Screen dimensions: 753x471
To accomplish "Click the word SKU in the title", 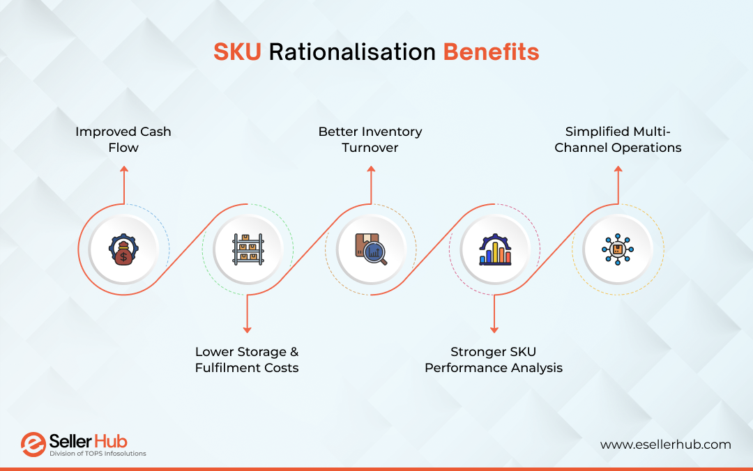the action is pos(237,53).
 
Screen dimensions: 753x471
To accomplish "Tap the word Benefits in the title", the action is pos(491,53).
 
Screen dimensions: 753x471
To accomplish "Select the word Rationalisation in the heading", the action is pos(352,53).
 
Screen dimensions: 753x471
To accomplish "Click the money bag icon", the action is pos(123,249).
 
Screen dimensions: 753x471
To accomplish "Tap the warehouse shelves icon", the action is pos(247,249).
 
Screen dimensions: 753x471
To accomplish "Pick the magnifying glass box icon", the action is pos(370,249).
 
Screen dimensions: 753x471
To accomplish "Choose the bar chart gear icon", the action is pos(494,249).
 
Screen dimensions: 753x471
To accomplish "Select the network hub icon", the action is pos(618,249).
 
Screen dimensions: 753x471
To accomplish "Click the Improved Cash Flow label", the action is pos(123,139).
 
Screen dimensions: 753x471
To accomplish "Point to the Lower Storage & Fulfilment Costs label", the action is pos(247,360).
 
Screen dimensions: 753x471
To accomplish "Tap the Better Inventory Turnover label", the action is pos(370,139).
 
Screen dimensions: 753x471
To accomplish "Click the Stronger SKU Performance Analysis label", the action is pos(494,360).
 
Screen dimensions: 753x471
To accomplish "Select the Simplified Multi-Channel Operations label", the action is pos(618,139).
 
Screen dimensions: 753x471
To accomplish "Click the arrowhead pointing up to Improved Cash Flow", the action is pos(123,169).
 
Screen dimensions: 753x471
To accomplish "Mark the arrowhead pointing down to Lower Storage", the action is pos(247,329).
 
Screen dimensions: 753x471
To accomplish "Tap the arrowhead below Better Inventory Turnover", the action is pos(370,169).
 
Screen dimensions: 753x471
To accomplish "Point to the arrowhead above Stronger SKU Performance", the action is pos(494,329).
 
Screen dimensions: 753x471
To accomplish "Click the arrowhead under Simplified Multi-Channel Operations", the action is pos(618,169).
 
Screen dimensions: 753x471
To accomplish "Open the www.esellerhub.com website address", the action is pos(665,444).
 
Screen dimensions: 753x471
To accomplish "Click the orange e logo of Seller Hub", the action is pos(33,445).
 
